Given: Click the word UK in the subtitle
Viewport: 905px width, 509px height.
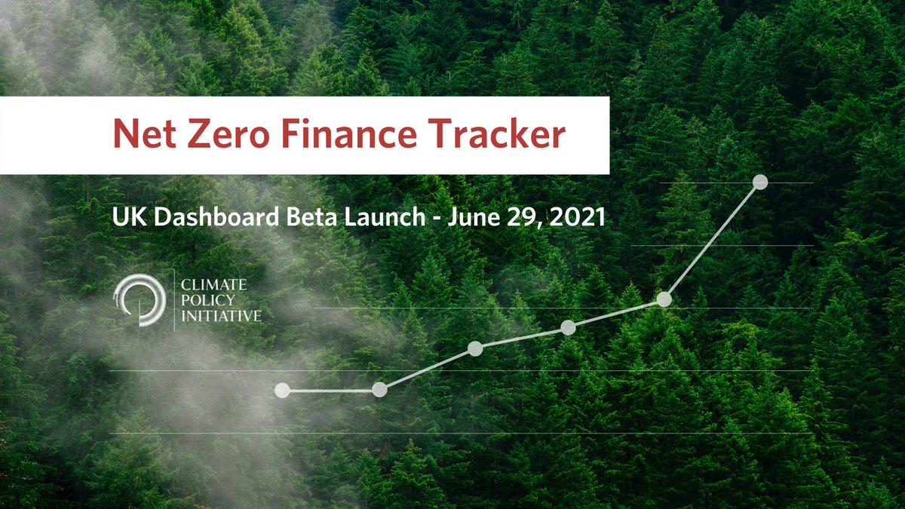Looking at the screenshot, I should tap(123, 218).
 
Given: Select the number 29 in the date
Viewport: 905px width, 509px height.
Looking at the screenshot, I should tap(520, 218).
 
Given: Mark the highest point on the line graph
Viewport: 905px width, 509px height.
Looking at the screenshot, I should tap(760, 182).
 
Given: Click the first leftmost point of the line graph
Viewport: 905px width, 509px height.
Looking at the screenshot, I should tap(282, 390).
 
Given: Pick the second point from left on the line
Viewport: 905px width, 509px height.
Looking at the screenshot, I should tap(379, 390).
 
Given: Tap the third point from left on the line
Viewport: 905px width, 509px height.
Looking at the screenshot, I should tap(475, 348).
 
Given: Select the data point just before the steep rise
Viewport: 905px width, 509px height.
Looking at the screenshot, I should tap(664, 299).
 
